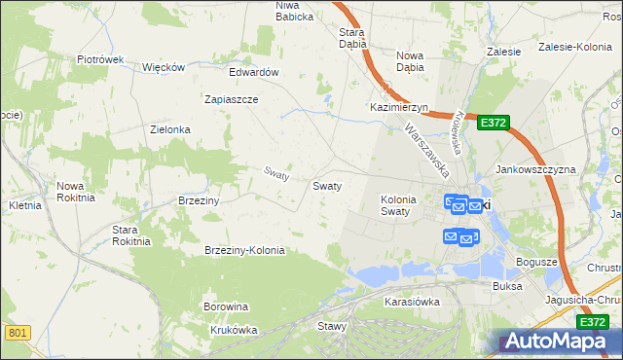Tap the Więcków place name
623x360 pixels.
pyautogui.click(x=164, y=67)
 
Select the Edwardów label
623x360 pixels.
pyautogui.click(x=254, y=72)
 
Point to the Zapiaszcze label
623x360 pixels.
pyautogui.click(x=231, y=99)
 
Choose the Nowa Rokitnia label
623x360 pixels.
pyautogui.click(x=76, y=191)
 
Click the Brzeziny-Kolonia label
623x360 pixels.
pyautogui.click(x=244, y=250)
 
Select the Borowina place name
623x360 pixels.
pyautogui.click(x=226, y=306)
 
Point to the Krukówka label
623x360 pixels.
pyautogui.click(x=234, y=330)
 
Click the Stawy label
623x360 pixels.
pyautogui.click(x=332, y=326)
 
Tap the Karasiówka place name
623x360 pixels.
pyautogui.click(x=412, y=302)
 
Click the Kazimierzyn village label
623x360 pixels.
pyautogui.click(x=398, y=107)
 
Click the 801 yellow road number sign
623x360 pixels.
pyautogui.click(x=17, y=334)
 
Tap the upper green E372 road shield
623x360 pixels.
pyautogui.click(x=493, y=123)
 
